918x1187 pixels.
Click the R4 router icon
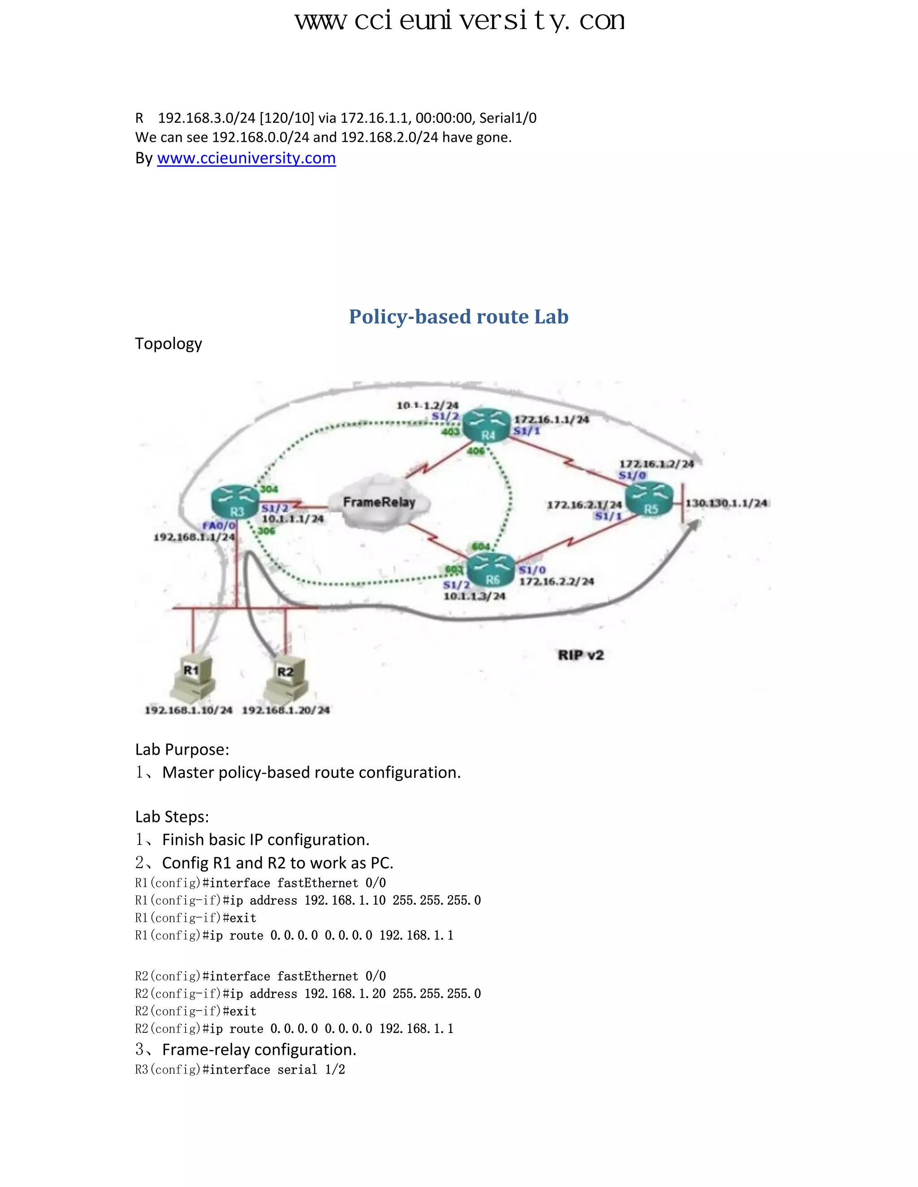488,425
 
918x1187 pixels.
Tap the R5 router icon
650,499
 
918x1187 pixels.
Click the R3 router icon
235,502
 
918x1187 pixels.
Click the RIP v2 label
580,655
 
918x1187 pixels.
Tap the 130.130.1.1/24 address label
726,503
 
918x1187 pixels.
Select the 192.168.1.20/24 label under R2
286,710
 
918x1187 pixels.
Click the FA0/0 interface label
219,525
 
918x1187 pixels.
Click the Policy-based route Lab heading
459,316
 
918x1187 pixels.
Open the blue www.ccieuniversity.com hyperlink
247,158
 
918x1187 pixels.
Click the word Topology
169,344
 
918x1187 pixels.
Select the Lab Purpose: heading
182,749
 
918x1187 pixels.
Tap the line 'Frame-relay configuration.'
259,1049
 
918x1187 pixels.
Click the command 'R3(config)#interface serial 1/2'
240,1070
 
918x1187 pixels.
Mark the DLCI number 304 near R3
268,489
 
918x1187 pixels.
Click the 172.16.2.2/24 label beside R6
556,581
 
